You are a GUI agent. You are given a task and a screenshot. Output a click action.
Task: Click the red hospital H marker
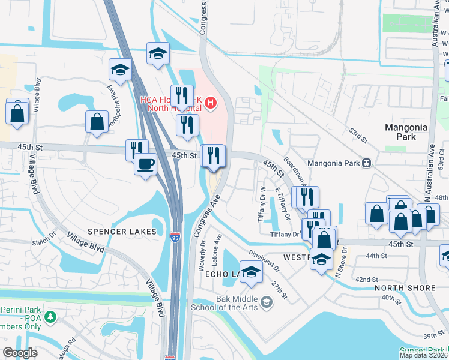coord(210,103)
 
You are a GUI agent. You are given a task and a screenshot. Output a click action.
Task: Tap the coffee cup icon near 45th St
coord(145,164)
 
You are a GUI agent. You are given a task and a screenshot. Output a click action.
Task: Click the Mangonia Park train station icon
coord(366,163)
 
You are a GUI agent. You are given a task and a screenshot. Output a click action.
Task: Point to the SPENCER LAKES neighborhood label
coord(122,232)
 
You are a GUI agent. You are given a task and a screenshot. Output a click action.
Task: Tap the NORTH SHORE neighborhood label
coord(405,288)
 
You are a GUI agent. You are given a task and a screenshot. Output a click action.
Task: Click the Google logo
coord(20,352)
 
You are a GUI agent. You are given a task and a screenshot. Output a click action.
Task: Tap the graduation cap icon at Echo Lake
coord(252,271)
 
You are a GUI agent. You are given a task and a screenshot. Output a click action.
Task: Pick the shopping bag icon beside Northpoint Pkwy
coord(97,122)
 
